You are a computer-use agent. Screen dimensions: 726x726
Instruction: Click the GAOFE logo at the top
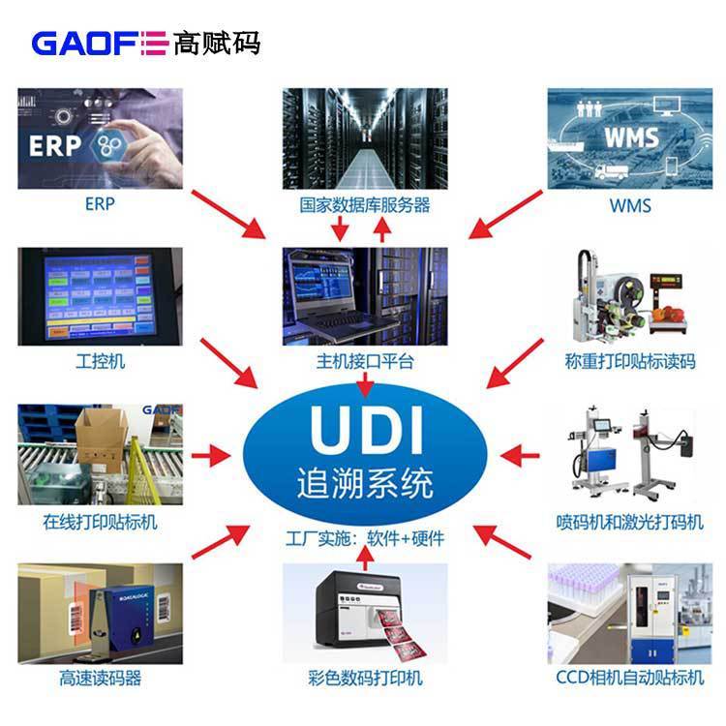tap(145, 43)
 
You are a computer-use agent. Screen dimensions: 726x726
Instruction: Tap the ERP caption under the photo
tap(100, 205)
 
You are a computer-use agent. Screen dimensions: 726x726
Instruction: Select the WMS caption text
tap(629, 205)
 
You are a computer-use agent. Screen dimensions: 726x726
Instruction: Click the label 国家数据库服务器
tap(365, 205)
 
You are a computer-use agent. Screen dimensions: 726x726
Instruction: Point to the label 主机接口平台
tap(365, 362)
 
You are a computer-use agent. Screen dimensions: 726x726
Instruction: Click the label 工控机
tap(100, 362)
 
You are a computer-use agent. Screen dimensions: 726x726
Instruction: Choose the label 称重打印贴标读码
tap(630, 362)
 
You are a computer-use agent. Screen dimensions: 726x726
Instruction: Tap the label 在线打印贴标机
tap(100, 522)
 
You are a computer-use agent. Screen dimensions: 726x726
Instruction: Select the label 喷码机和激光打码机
tap(630, 522)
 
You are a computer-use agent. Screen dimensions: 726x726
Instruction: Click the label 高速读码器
tap(100, 679)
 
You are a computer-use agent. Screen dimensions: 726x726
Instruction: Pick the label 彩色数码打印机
tap(365, 679)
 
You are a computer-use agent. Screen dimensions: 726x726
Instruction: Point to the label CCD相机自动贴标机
tap(630, 679)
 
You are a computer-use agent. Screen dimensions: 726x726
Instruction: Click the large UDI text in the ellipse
tap(365, 429)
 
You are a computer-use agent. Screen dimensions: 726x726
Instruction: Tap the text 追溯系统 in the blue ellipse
tap(365, 482)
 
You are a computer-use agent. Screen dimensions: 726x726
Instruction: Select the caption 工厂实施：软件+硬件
tap(365, 537)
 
